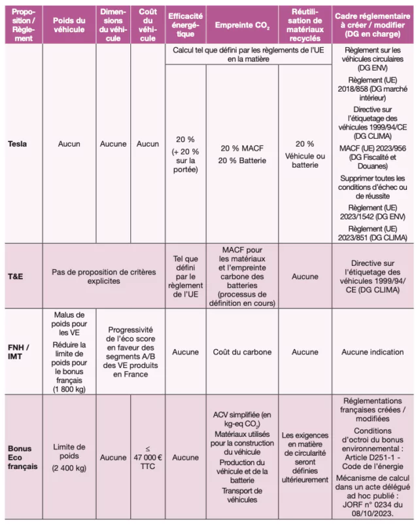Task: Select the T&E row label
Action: [x=15, y=276]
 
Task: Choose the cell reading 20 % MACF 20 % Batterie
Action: [x=241, y=155]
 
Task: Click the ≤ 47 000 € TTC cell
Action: [x=148, y=457]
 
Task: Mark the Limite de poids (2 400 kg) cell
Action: [x=69, y=457]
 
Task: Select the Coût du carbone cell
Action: [x=241, y=352]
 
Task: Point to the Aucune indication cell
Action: [x=373, y=352]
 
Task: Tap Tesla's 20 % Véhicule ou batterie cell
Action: [x=304, y=155]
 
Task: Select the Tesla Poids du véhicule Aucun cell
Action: [x=69, y=143]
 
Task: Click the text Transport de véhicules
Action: [x=241, y=495]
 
